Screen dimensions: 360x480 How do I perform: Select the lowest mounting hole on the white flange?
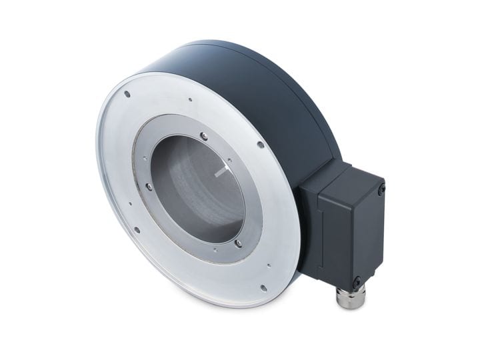click(x=263, y=288)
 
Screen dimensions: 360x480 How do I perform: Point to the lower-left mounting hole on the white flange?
click(x=137, y=231)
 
